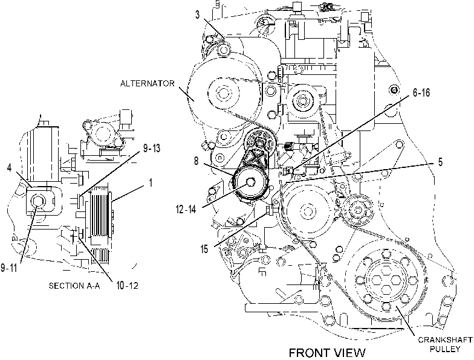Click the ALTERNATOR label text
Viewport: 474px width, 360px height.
(148, 83)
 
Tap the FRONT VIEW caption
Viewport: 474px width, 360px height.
(327, 353)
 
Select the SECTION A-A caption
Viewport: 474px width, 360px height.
(74, 285)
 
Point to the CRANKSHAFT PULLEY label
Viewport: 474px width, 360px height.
(445, 344)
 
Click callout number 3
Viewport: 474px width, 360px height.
(197, 15)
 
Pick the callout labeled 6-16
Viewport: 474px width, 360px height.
(421, 93)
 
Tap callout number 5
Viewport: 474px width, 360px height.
(440, 162)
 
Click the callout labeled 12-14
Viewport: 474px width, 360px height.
(186, 209)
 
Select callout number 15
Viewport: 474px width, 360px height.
(204, 249)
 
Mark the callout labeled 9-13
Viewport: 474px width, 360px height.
(152, 149)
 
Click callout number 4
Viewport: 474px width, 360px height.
(10, 168)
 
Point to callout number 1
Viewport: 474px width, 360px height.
(150, 182)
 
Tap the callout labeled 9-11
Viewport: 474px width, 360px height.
(8, 268)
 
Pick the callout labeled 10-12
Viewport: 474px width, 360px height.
(127, 285)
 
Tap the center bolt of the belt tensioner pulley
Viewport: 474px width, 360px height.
(250, 182)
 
